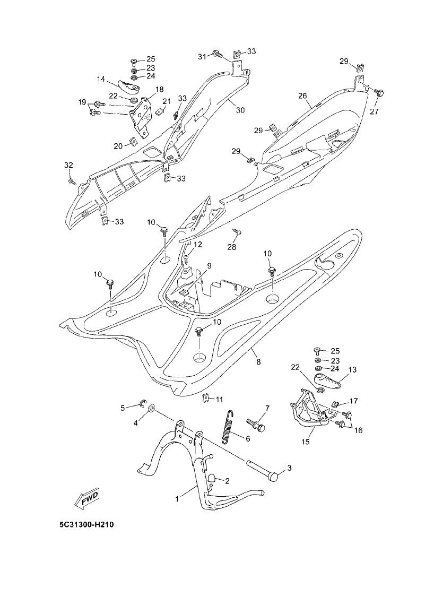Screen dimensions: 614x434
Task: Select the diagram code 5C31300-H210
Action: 87,525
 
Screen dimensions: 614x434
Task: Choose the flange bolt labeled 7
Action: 258,424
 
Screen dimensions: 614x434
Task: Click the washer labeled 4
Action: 150,408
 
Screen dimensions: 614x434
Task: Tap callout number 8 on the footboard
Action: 258,362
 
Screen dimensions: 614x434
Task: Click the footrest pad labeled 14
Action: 127,83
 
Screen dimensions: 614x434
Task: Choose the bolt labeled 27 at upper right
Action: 379,93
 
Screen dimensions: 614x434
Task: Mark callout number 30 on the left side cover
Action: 240,110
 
